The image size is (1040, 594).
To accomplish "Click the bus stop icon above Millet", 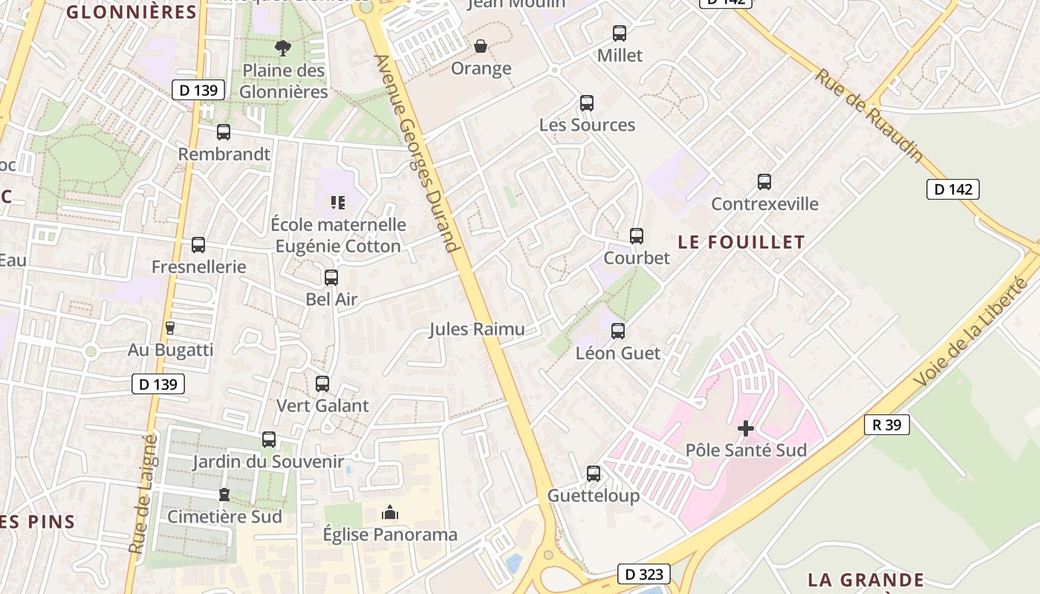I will [620, 33].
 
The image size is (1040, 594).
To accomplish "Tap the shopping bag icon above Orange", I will [481, 46].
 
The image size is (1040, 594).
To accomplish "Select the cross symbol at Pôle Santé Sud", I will [746, 428].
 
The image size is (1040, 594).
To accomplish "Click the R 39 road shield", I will [887, 425].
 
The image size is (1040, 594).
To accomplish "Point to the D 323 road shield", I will [643, 574].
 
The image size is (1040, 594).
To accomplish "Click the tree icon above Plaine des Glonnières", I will [283, 48].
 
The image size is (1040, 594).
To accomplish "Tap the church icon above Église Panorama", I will [390, 512].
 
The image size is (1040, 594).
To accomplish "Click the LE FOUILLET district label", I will [741, 242].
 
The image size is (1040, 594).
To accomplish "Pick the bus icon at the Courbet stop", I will [637, 236].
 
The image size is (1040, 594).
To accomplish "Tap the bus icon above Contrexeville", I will [764, 182].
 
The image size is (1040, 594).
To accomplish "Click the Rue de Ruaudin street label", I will [868, 116].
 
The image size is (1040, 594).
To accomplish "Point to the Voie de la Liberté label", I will [972, 331].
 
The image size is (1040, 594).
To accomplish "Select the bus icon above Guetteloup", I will [594, 474].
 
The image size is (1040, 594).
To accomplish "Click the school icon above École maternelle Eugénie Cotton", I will [338, 202].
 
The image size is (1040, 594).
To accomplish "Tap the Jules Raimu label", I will [476, 329].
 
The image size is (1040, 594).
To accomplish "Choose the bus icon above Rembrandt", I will [224, 132].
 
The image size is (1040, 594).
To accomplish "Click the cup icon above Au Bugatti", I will [170, 327].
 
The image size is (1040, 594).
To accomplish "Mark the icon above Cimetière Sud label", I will [224, 495].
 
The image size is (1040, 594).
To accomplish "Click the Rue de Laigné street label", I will [144, 494].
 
